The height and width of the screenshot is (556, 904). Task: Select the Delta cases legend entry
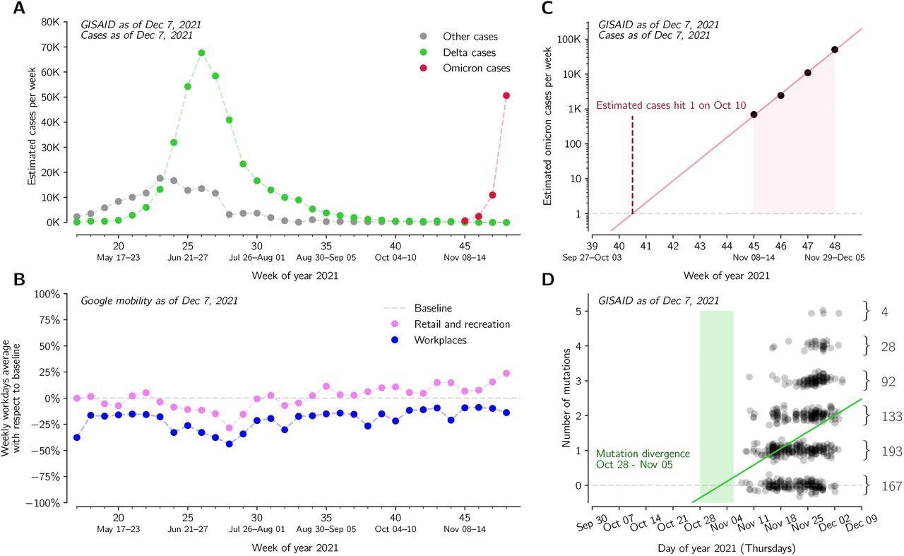(x=469, y=52)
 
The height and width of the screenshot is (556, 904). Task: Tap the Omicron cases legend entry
(x=476, y=69)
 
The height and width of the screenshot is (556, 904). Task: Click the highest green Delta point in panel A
(x=201, y=53)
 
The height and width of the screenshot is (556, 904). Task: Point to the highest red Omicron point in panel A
(x=506, y=95)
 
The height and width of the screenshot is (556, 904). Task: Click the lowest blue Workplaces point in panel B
(x=229, y=444)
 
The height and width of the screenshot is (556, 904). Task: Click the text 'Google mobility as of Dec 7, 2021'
(x=159, y=300)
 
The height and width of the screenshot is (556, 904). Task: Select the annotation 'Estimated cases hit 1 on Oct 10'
(x=670, y=105)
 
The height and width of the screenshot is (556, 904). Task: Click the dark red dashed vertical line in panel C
(x=632, y=162)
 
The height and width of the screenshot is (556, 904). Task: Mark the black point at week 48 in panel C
(x=835, y=49)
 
